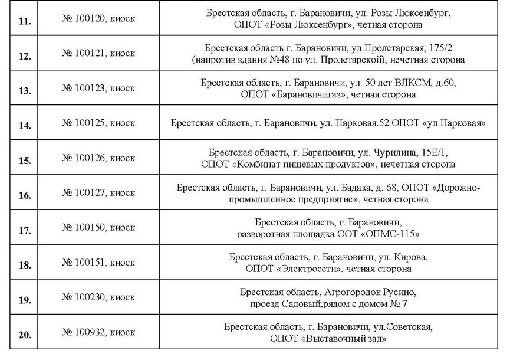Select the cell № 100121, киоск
point(98,54)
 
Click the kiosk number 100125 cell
point(98,123)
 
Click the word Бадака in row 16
point(357,188)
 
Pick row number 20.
point(25,335)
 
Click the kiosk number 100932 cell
point(98,332)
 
